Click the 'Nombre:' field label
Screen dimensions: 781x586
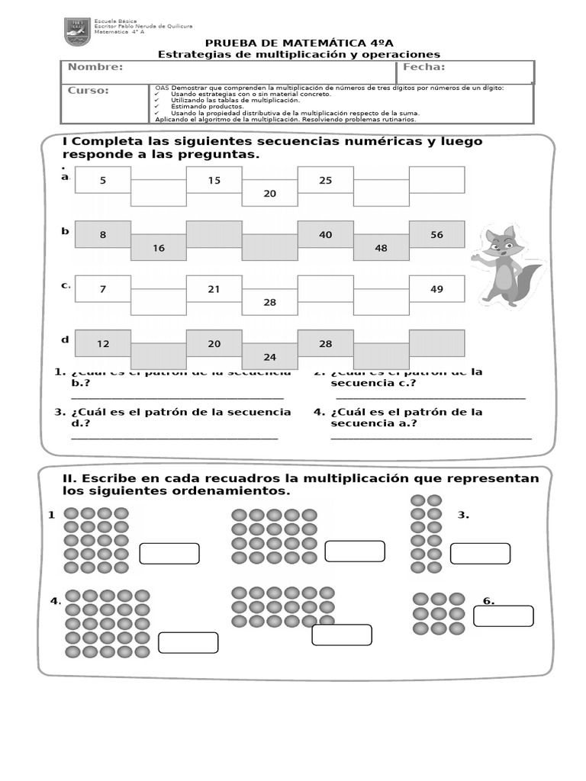coord(95,67)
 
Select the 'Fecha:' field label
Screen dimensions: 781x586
coord(423,67)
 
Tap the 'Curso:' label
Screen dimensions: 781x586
coord(89,91)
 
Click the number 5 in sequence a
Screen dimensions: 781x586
coord(103,180)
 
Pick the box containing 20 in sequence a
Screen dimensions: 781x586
coord(269,194)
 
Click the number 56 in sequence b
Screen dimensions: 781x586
coord(436,235)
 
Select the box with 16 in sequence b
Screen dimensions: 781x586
coord(159,248)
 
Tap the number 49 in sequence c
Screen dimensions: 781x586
coord(436,289)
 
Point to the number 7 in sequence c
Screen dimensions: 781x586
coord(103,289)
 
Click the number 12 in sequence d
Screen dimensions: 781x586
coord(103,344)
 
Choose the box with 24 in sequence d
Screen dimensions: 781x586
coord(269,356)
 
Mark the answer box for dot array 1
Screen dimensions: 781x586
coord(169,554)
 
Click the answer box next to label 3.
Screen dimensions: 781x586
coord(480,554)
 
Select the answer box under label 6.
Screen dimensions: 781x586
coord(503,616)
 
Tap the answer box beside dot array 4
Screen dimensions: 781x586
coord(188,643)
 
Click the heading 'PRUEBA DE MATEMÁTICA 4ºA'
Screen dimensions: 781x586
coord(299,43)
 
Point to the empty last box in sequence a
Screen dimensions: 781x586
coord(436,180)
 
